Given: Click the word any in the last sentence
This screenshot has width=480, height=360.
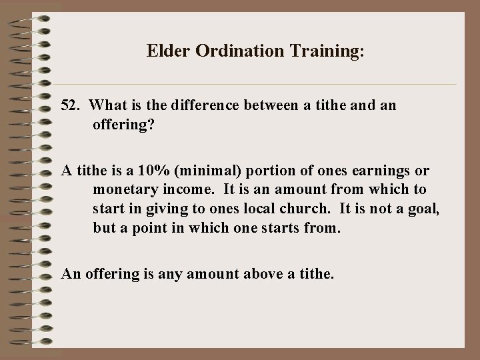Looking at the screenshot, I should point(171,272).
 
